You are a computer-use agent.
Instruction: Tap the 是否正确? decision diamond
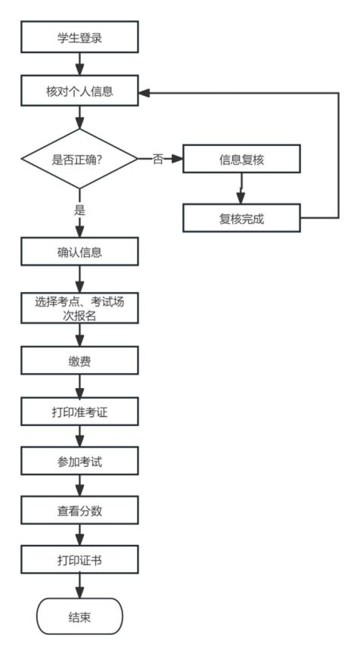[x=79, y=160]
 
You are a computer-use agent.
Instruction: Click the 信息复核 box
[x=241, y=160]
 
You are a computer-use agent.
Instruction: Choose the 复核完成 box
[x=241, y=218]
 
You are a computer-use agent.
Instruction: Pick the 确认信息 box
[x=79, y=253]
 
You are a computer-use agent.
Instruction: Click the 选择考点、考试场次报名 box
[x=79, y=307]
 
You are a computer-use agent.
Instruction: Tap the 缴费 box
[x=79, y=361]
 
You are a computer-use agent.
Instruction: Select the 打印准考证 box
[x=79, y=412]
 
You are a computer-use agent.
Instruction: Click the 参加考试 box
[x=79, y=460]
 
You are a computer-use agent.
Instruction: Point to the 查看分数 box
[x=79, y=511]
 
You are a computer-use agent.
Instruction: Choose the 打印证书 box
[x=79, y=561]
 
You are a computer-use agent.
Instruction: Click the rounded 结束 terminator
[x=79, y=616]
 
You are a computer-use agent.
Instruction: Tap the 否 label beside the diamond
[x=157, y=160]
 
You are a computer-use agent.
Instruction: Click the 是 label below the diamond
[x=79, y=210]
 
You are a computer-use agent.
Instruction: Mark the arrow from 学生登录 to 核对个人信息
[x=79, y=65]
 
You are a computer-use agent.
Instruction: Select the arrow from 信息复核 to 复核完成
[x=241, y=189]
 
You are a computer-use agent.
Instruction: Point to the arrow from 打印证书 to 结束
[x=79, y=587]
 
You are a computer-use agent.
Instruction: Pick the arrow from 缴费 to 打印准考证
[x=79, y=387]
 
